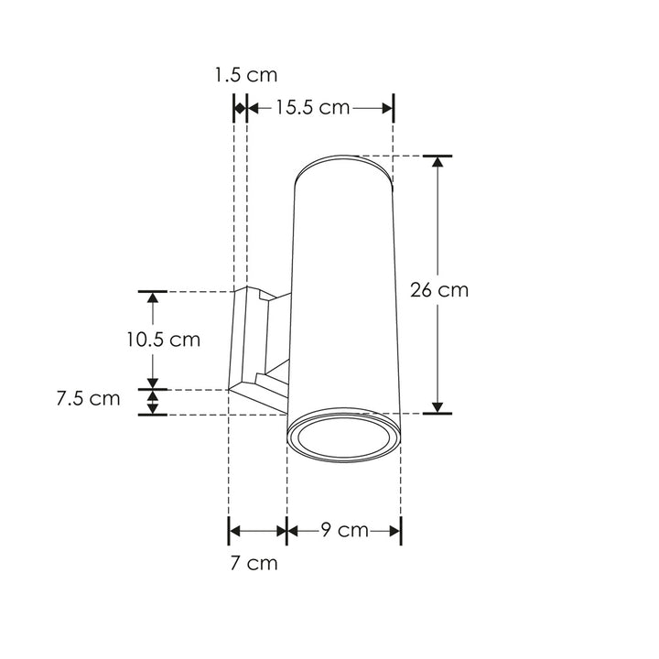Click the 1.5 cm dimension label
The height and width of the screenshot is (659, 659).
[245, 75]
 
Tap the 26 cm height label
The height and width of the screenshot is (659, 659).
[439, 290]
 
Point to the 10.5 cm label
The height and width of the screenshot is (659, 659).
[163, 340]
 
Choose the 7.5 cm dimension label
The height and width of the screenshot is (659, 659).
[88, 399]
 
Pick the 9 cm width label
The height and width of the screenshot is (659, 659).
[344, 530]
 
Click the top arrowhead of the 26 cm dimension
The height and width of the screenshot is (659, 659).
[438, 163]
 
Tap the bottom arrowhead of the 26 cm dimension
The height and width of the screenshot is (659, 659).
[438, 406]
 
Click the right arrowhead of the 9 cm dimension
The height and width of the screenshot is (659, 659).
[394, 530]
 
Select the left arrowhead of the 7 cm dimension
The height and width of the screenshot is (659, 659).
[234, 530]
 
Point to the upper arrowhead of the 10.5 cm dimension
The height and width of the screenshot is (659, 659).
[153, 298]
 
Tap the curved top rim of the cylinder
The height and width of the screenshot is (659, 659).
[345, 162]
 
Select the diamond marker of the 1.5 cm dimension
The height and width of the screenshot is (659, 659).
[240, 108]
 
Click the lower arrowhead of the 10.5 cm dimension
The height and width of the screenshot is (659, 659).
[153, 382]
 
